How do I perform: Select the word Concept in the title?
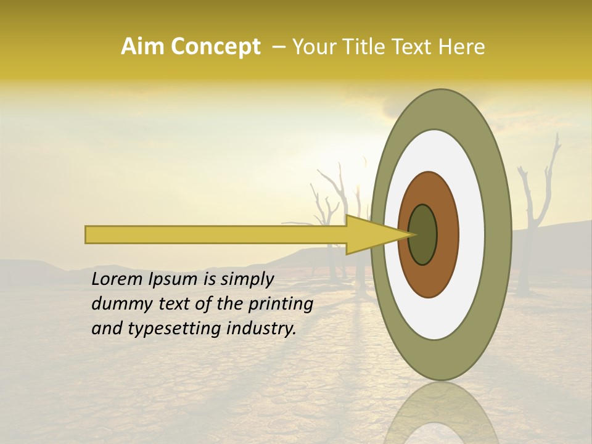[215, 47]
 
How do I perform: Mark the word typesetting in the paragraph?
[163, 329]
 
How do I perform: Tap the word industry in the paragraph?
[261, 329]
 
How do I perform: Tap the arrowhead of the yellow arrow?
[370, 235]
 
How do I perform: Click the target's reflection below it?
[441, 413]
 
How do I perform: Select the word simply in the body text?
[247, 280]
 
